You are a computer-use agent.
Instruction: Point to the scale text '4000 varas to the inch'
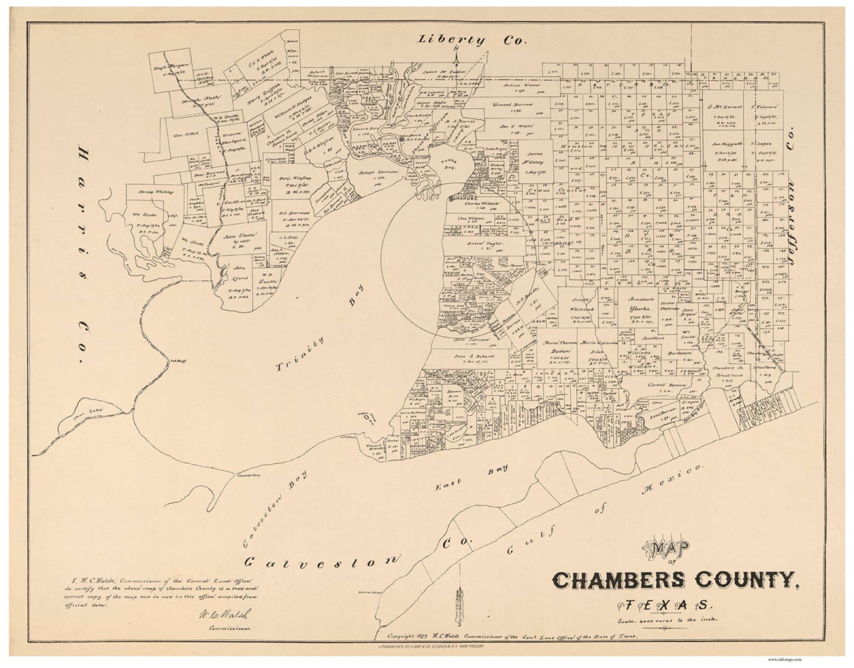(x=668, y=621)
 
